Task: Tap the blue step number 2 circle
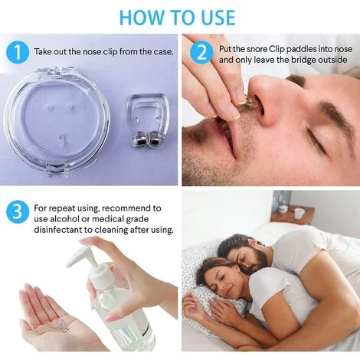pyautogui.click(x=201, y=54)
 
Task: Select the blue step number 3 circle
pyautogui.click(x=18, y=212)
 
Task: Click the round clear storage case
pyautogui.click(x=57, y=121)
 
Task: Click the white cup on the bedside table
pyautogui.click(x=299, y=214)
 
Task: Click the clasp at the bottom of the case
pyautogui.click(x=57, y=171)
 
